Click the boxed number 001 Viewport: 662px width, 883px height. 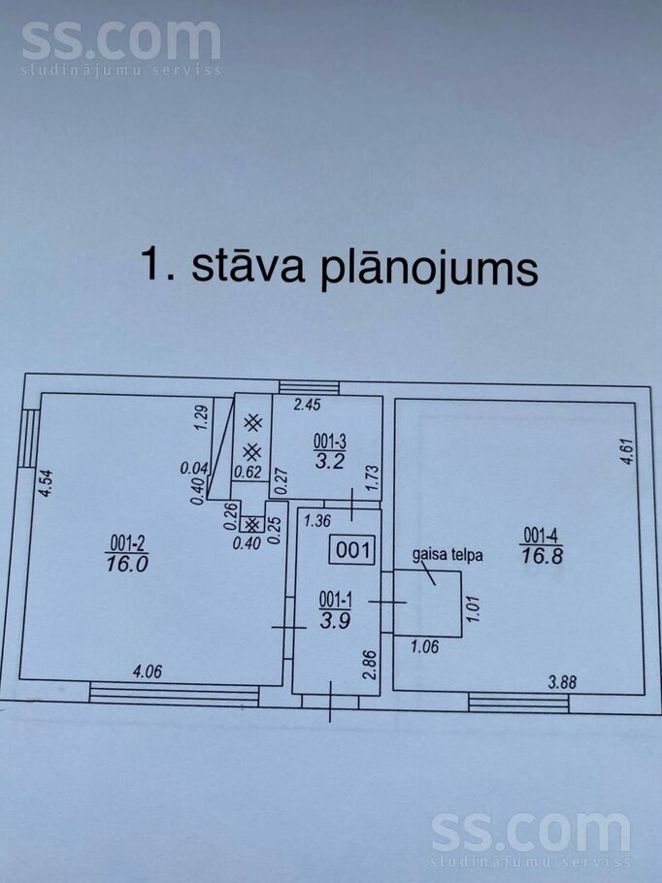[352, 550]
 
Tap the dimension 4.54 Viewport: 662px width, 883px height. [43, 482]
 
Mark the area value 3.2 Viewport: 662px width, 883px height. [329, 461]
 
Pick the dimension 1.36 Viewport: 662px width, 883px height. [317, 521]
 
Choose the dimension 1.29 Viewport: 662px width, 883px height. [202, 417]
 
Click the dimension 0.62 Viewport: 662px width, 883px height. [248, 473]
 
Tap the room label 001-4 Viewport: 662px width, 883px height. [542, 534]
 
